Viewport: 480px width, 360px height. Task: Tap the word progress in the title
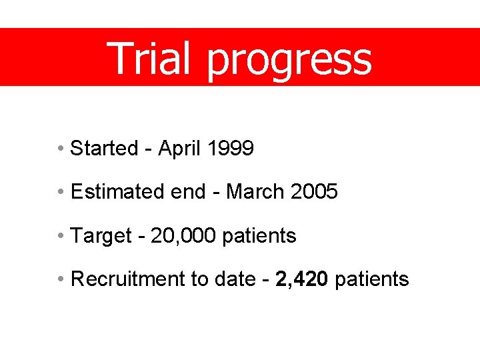[289, 60]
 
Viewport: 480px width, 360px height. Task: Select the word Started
[103, 148]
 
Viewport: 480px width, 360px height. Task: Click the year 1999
[231, 148]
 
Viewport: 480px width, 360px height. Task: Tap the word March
[256, 192]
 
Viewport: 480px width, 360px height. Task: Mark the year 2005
[315, 192]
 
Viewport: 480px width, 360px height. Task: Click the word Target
[101, 236]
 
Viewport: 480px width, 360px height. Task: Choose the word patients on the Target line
[259, 235]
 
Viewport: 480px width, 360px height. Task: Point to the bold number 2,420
[301, 279]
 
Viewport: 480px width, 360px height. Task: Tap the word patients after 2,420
[372, 279]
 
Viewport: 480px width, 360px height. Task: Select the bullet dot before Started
[61, 148]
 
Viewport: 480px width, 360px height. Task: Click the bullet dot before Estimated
[61, 192]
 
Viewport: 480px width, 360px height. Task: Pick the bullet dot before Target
[61, 235]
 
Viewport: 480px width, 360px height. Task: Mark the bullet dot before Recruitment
[61, 279]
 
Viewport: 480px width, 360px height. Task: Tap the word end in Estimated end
[188, 192]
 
